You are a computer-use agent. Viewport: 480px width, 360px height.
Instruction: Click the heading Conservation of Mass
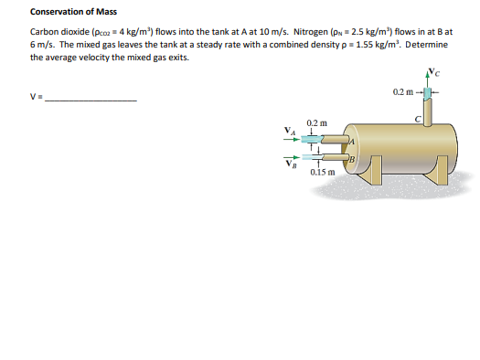pyautogui.click(x=73, y=12)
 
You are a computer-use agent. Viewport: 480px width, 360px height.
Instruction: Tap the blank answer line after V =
pyautogui.click(x=91, y=101)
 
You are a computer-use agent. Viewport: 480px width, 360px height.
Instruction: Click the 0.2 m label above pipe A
pyautogui.click(x=317, y=123)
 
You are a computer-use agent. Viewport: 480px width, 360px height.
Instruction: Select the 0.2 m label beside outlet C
pyautogui.click(x=403, y=91)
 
